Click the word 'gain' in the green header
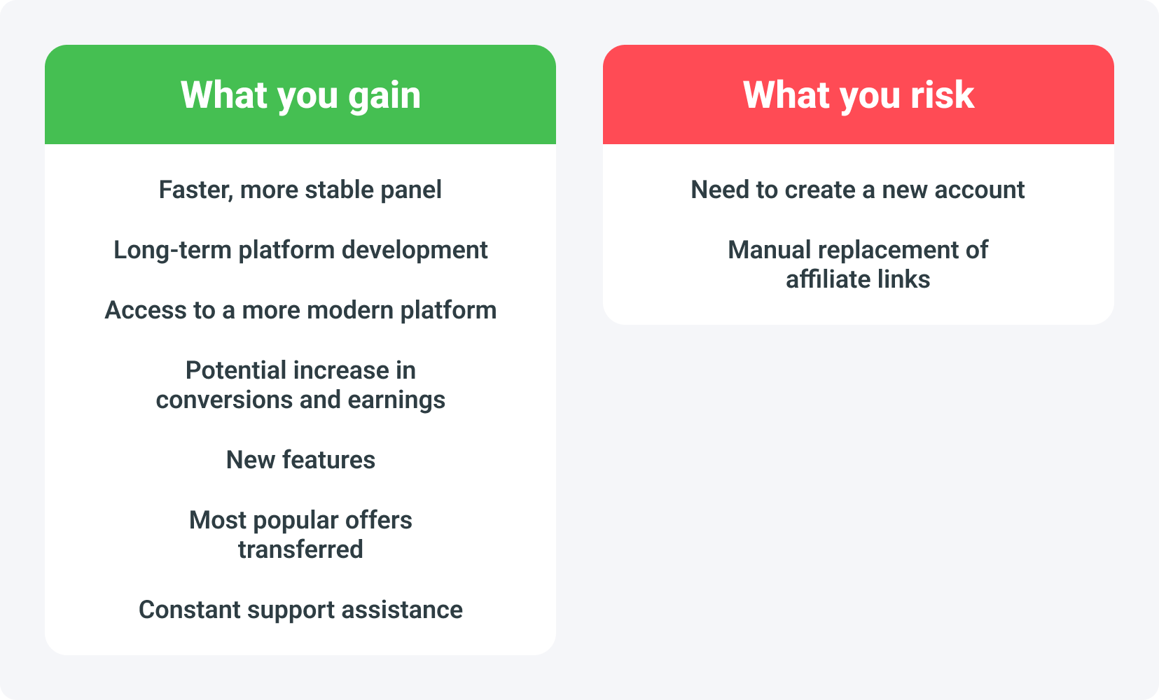click(384, 97)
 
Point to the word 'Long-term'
click(172, 250)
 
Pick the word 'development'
click(415, 251)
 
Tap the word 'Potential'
click(237, 370)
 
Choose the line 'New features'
click(300, 460)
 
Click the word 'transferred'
click(300, 549)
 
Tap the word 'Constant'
click(189, 610)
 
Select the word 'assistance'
click(402, 610)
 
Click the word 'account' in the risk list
click(980, 190)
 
